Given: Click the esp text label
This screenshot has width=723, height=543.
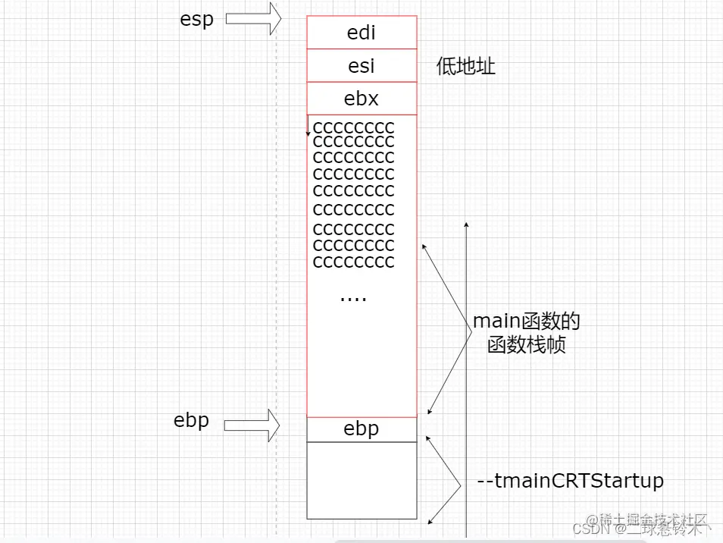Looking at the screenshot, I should click(x=196, y=19).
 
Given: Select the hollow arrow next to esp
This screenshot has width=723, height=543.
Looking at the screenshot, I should click(x=253, y=18).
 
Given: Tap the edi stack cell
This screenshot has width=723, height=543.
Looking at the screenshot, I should click(x=361, y=33).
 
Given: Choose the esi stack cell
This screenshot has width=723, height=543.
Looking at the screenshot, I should click(x=361, y=66).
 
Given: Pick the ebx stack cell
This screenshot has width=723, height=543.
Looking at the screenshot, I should click(x=361, y=99).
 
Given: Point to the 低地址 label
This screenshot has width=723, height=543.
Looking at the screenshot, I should click(x=465, y=66).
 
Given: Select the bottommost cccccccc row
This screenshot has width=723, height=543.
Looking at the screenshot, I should click(x=353, y=262).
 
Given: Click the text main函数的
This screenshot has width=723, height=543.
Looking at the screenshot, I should click(x=527, y=322).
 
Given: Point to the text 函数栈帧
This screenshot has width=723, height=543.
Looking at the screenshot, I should click(x=527, y=346).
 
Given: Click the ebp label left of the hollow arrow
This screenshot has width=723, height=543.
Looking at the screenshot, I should click(x=191, y=420).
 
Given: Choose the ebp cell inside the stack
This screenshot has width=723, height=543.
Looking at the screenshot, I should click(x=361, y=429).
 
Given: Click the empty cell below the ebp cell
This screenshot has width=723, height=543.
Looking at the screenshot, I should click(x=361, y=480).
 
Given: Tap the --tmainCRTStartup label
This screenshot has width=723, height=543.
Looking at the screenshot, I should click(x=571, y=481).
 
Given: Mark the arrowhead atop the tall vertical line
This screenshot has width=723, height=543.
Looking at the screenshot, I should click(x=467, y=224).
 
